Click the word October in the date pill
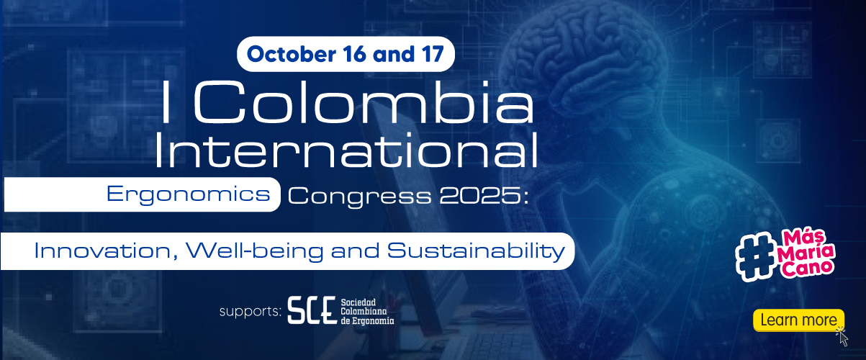pyautogui.click(x=292, y=54)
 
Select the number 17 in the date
pyautogui.click(x=432, y=54)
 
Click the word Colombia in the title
pyautogui.click(x=364, y=102)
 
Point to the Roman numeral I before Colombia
pyautogui.click(x=166, y=102)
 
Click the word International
pyautogui.click(x=346, y=150)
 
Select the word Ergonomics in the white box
pyautogui.click(x=189, y=194)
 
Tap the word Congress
pyautogui.click(x=359, y=197)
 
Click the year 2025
pyautogui.click(x=479, y=196)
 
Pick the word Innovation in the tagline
pyautogui.click(x=102, y=251)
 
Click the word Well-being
pyautogui.click(x=255, y=252)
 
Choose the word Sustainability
pyautogui.click(x=476, y=252)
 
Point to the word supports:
pyautogui.click(x=250, y=311)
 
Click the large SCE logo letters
pyautogui.click(x=312, y=310)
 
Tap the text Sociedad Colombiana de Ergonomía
pyautogui.click(x=367, y=311)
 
